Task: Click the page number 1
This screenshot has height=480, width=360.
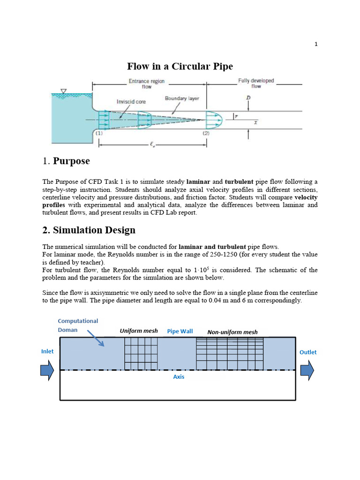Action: [x=316, y=44]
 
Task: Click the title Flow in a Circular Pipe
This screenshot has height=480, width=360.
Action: [x=180, y=66]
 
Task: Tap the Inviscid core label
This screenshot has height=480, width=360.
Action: [x=131, y=101]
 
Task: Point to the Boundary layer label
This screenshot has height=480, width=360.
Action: [x=182, y=98]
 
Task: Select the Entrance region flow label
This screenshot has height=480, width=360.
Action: [x=147, y=83]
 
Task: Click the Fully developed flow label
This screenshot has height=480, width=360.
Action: [x=256, y=83]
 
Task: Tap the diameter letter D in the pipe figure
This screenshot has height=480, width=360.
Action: [x=247, y=98]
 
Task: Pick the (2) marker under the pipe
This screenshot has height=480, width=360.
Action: [x=206, y=133]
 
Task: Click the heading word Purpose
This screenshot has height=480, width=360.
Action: [x=71, y=161]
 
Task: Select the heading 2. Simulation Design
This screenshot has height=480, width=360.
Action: [x=89, y=230]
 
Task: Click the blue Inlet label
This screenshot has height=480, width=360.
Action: [x=47, y=351]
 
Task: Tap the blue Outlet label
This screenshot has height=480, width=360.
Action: [x=308, y=352]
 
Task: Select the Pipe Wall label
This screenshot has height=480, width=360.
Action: [x=180, y=331]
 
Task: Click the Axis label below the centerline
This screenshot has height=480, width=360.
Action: [x=179, y=377]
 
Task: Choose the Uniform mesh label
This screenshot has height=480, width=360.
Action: [x=139, y=331]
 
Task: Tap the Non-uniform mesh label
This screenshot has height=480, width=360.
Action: [x=232, y=332]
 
